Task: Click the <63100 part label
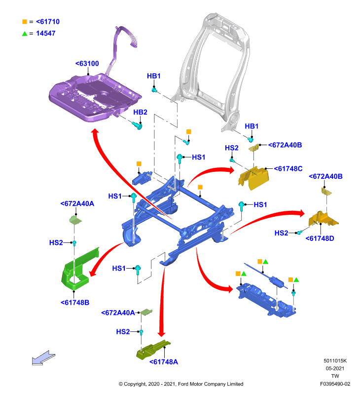pyautogui.click(x=87, y=64)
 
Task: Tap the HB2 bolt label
pyautogui.click(x=140, y=112)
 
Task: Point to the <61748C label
pyautogui.click(x=288, y=168)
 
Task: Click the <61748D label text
pyautogui.click(x=320, y=238)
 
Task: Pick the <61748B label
pyautogui.click(x=75, y=302)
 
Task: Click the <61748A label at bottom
pyautogui.click(x=164, y=362)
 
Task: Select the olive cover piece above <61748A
pyautogui.click(x=152, y=350)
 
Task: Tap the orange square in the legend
pyautogui.click(x=25, y=22)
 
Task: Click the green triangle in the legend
pyautogui.click(x=25, y=34)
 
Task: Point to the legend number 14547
pyautogui.click(x=45, y=33)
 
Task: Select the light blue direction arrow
pyautogui.click(x=43, y=357)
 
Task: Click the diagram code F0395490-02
pyautogui.click(x=335, y=384)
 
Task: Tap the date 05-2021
pyautogui.click(x=335, y=368)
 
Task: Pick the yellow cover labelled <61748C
pyautogui.click(x=253, y=178)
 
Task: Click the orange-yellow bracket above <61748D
pyautogui.click(x=323, y=219)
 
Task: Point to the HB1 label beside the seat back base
pyautogui.click(x=252, y=126)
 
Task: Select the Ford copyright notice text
pyautogui.click(x=181, y=384)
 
